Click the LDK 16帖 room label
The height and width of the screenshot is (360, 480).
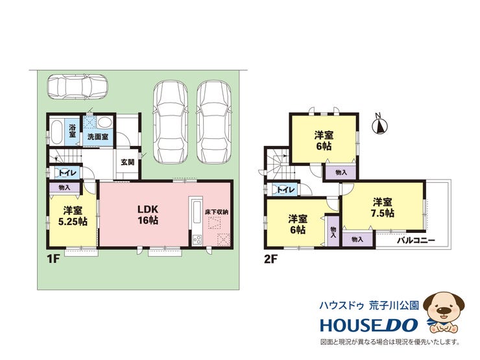tap(148, 215)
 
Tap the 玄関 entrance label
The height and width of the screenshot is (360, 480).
tap(127, 162)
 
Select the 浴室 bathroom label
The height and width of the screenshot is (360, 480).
tap(72, 131)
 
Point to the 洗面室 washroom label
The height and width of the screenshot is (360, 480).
tap(98, 136)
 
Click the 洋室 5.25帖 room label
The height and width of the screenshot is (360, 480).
tap(73, 216)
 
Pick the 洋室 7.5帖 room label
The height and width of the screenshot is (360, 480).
tap(382, 208)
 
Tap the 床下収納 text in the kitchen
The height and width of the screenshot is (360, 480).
tap(217, 211)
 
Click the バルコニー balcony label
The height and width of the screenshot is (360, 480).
tap(416, 240)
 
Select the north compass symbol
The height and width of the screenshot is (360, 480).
tap(380, 124)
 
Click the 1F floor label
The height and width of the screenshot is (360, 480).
tap(53, 259)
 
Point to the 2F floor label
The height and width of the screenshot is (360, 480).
tap(270, 259)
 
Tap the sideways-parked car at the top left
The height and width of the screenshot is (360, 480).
tap(77, 87)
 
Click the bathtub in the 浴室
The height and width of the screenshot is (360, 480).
tap(56, 132)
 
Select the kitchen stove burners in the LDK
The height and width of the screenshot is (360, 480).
tap(197, 239)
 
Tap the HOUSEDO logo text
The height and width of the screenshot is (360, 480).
tap(369, 325)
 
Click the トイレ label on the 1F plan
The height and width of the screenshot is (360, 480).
tap(67, 173)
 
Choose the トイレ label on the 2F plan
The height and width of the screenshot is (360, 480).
tap(285, 190)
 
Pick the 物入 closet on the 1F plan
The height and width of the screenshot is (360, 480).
tap(64, 187)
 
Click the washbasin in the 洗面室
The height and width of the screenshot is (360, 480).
tap(106, 123)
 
